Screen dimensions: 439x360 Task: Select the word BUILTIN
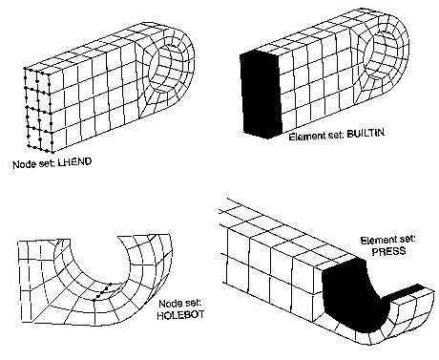pyautogui.click(x=366, y=134)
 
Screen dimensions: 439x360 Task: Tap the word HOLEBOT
pyautogui.click(x=180, y=315)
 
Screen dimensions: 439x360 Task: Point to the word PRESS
pyautogui.click(x=388, y=251)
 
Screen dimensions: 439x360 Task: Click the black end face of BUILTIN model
pyautogui.click(x=261, y=95)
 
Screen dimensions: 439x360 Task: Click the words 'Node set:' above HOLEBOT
pyautogui.click(x=180, y=303)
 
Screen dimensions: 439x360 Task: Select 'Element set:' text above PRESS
pyautogui.click(x=387, y=240)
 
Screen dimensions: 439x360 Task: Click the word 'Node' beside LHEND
pyautogui.click(x=23, y=164)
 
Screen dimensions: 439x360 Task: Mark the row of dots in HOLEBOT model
pyautogui.click(x=102, y=291)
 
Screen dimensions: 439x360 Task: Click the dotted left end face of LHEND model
pyautogui.click(x=38, y=110)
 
